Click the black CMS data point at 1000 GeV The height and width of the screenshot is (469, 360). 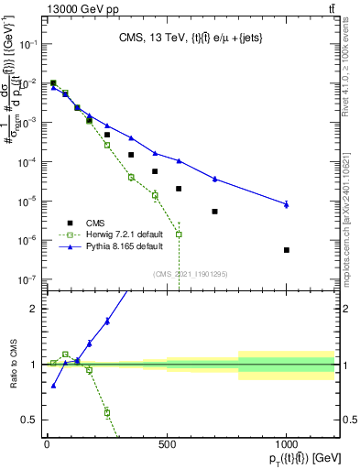pyautogui.click(x=287, y=250)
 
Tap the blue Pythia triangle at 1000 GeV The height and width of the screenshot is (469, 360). pyautogui.click(x=287, y=204)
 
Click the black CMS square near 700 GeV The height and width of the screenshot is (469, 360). pyautogui.click(x=214, y=212)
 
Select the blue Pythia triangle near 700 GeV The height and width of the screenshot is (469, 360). pyautogui.click(x=214, y=179)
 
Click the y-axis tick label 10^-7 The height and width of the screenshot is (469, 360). pyautogui.click(x=27, y=279)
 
